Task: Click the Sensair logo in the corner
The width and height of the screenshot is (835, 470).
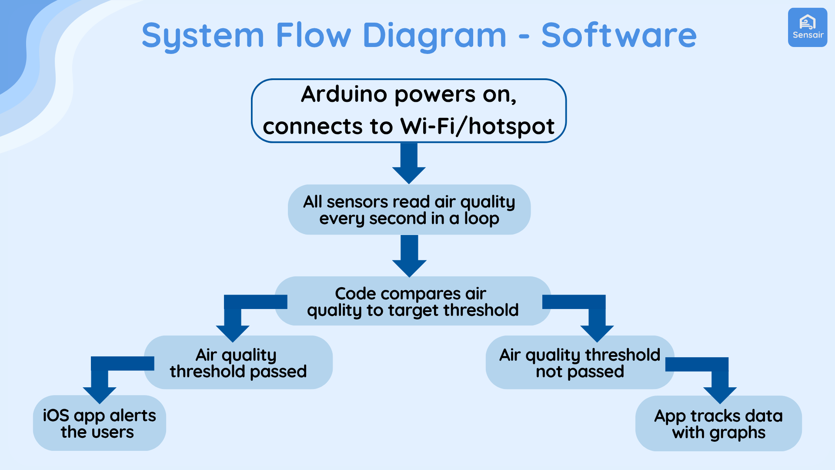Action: [807, 27]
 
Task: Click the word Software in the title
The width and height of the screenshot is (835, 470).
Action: [618, 36]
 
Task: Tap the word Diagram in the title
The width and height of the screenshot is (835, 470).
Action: [434, 36]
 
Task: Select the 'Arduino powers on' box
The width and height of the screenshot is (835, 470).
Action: [409, 111]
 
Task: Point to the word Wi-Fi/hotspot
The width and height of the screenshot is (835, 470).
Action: [477, 127]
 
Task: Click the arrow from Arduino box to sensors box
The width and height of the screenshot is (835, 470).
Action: [409, 163]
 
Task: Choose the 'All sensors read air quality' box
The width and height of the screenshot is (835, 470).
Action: [409, 210]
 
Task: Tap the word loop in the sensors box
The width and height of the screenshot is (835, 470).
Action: [481, 218]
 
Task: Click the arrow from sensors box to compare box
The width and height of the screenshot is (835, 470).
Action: [409, 256]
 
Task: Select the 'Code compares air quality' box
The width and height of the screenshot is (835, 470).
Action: [412, 301]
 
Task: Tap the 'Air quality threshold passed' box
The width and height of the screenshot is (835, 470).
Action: [238, 363]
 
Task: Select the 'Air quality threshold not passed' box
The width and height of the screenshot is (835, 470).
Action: [579, 363]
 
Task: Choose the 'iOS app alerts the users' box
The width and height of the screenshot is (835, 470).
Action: [99, 423]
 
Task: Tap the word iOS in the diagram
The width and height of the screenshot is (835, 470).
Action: [56, 416]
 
